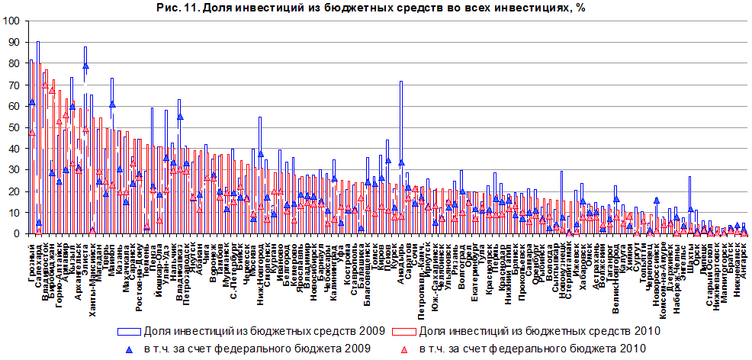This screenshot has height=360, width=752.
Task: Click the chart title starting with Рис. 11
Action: (x=376, y=7)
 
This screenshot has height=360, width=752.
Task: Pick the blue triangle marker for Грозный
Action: (x=32, y=101)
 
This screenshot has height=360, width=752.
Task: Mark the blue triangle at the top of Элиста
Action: (x=85, y=66)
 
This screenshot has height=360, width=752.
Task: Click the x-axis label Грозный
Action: (x=32, y=257)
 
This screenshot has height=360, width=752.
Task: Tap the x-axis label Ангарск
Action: (x=744, y=256)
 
